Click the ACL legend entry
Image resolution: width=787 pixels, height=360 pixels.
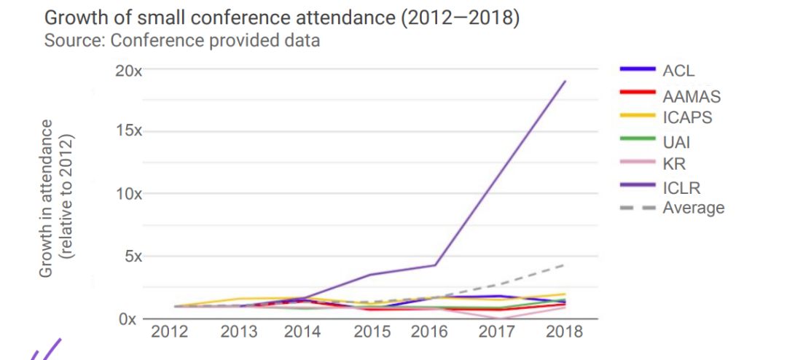678,71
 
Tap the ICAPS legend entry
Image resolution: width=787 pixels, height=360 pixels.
687,117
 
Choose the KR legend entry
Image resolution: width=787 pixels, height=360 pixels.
674,165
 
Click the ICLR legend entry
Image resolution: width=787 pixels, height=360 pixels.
681,187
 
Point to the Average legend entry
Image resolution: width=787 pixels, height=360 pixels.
693,208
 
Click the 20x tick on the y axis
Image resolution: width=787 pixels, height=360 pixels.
130,71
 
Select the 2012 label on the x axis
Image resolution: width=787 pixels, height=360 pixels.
169,332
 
